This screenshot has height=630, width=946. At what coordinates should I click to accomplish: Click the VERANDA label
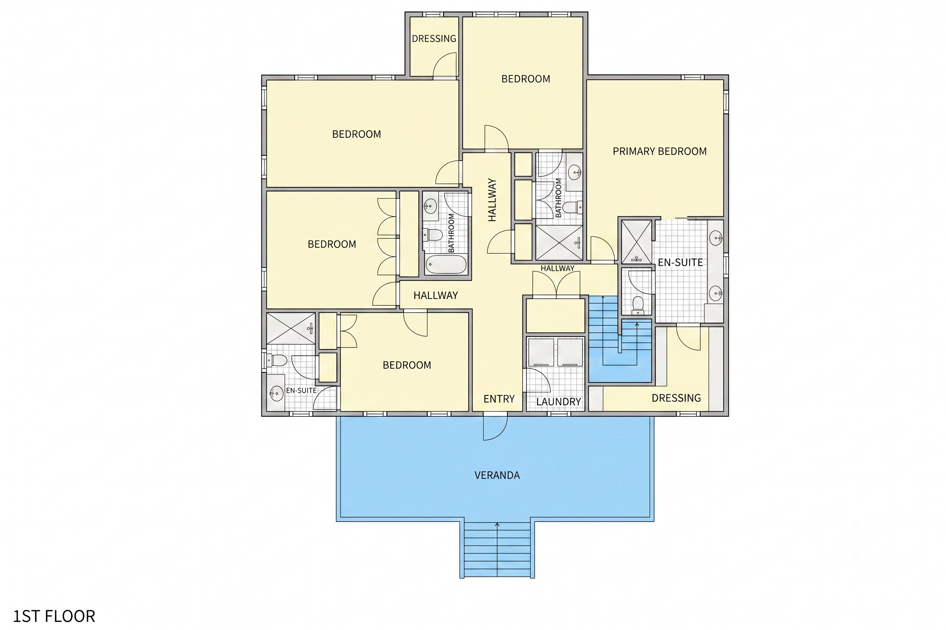pos(497,475)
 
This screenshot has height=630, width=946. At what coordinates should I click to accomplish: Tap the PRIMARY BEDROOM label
pos(659,152)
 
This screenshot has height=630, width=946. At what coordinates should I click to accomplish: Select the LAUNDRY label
pos(558,402)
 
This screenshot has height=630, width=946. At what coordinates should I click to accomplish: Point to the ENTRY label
pos(499,399)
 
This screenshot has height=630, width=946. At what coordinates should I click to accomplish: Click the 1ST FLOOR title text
pos(54,616)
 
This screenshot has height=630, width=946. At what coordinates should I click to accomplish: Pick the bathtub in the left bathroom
pos(446,264)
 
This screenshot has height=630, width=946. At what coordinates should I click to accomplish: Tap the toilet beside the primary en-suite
pos(638,305)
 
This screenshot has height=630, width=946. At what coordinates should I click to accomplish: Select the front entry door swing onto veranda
pos(495,428)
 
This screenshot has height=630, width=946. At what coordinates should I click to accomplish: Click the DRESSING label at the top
pos(434,39)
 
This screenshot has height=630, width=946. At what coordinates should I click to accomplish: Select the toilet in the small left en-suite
pos(277,360)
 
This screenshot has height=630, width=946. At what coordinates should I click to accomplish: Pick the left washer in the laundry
pos(541,352)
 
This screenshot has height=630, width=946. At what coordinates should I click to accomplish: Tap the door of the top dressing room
pos(445,64)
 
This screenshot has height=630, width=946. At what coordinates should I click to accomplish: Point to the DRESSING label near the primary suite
pos(676,398)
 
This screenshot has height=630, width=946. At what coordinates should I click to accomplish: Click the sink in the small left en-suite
pos(276,393)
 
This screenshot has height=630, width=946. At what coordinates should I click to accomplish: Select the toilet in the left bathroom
pos(433,235)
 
